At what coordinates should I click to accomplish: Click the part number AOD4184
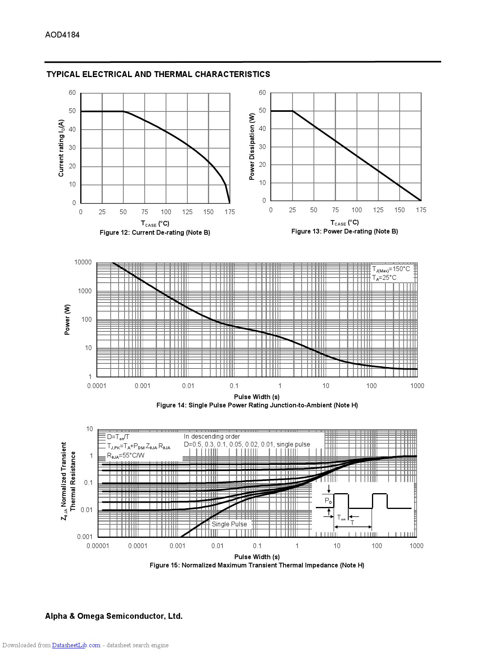62,35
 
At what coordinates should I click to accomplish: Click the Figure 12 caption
155,233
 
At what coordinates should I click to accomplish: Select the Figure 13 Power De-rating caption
344,232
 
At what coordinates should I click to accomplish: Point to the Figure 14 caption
257,405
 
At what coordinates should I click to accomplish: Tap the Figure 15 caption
257,565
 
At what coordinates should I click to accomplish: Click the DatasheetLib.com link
76,645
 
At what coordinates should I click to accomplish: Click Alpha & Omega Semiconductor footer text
114,616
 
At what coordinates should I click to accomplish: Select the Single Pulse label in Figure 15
229,524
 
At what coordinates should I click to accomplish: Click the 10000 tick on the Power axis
83,262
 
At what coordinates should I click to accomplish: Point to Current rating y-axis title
61,148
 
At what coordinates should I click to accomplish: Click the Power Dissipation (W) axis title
252,147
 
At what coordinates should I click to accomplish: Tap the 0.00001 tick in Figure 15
98,546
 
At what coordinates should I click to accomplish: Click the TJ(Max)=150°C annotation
391,269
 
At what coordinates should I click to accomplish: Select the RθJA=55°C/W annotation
126,456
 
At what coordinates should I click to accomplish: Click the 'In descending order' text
212,437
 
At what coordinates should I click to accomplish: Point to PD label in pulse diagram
328,501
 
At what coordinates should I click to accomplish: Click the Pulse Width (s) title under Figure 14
257,397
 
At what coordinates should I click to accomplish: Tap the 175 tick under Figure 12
230,212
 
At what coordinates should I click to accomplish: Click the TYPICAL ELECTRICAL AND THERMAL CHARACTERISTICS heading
158,74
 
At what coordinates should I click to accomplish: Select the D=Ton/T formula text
118,437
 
